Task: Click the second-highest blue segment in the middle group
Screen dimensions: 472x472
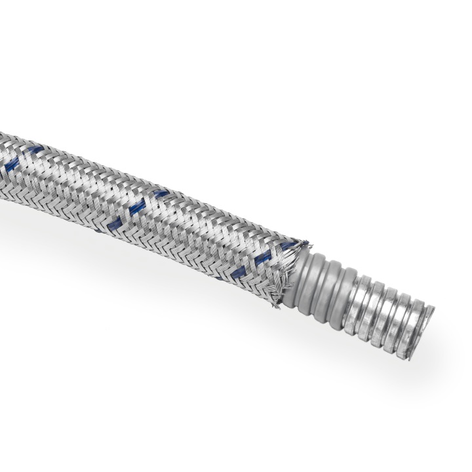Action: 138,209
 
